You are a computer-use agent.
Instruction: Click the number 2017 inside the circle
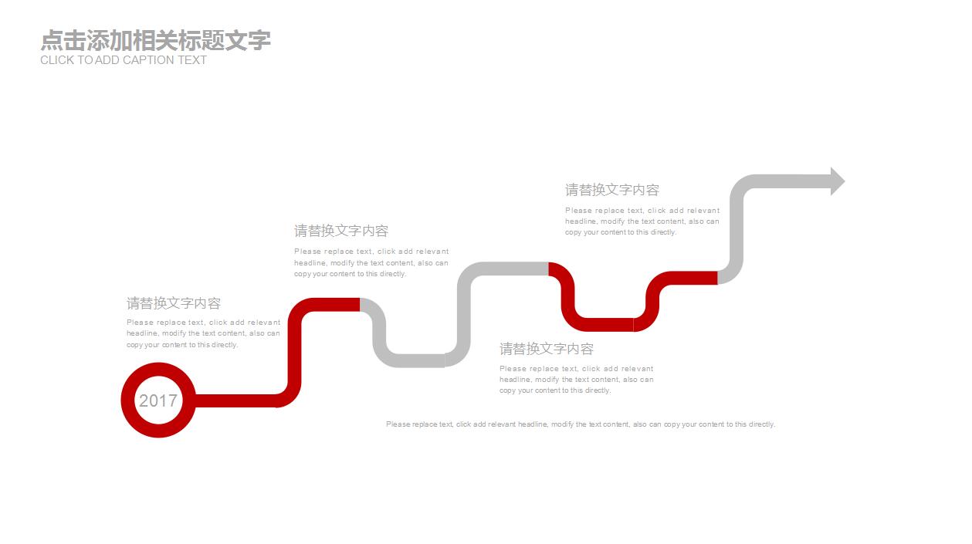[x=158, y=400]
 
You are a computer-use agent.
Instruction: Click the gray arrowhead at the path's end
[x=838, y=181]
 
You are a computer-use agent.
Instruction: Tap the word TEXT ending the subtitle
[x=192, y=60]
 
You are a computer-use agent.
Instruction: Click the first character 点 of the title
[x=52, y=40]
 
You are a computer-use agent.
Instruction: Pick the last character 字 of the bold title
[x=259, y=40]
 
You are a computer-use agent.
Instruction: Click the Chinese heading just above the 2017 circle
[x=174, y=302]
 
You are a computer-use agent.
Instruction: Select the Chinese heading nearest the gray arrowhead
[x=611, y=190]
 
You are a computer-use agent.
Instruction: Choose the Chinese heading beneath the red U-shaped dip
[x=547, y=348]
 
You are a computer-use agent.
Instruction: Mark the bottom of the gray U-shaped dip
[x=415, y=360]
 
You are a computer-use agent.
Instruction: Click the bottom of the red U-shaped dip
[x=604, y=325]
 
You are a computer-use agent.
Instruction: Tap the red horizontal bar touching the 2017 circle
[x=235, y=400]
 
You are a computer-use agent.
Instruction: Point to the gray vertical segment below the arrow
[x=737, y=229]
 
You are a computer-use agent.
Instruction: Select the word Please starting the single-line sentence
[x=398, y=424]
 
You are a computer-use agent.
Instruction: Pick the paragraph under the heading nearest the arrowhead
[x=642, y=221]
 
